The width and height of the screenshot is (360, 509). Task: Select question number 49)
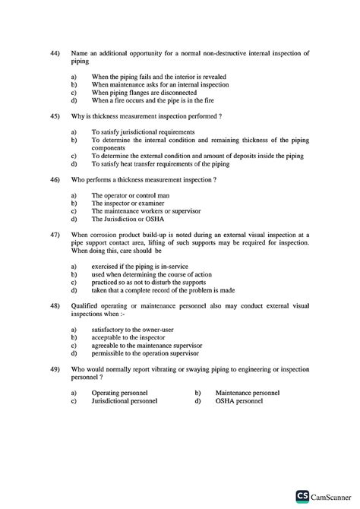pyautogui.click(x=54, y=368)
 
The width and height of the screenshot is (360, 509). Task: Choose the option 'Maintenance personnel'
pyautogui.click(x=248, y=393)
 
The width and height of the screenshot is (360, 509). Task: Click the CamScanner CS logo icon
pyautogui.click(x=302, y=495)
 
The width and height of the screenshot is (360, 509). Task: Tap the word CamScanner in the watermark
pyautogui.click(x=332, y=495)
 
